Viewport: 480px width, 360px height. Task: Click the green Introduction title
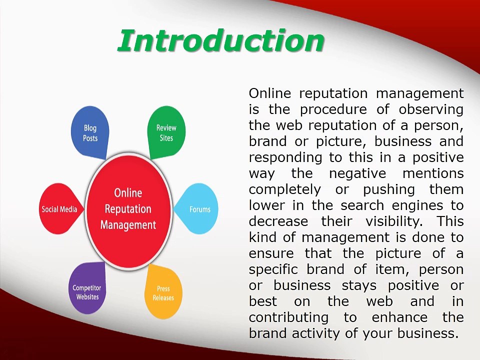pyautogui.click(x=220, y=40)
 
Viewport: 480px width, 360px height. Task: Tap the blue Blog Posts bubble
pyautogui.click(x=90, y=133)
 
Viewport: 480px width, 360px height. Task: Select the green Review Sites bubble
pyautogui.click(x=166, y=132)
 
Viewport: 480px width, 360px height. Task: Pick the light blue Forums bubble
pyautogui.click(x=199, y=209)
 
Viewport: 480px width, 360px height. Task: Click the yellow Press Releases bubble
pyautogui.click(x=163, y=292)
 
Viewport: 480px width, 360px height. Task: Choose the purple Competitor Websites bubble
pyautogui.click(x=87, y=292)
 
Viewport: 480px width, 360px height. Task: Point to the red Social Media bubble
pyautogui.click(x=59, y=209)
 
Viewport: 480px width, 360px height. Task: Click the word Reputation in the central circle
pyautogui.click(x=128, y=209)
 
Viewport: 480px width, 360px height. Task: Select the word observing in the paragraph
pyautogui.click(x=431, y=109)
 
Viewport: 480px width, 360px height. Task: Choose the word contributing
pyautogui.click(x=288, y=317)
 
